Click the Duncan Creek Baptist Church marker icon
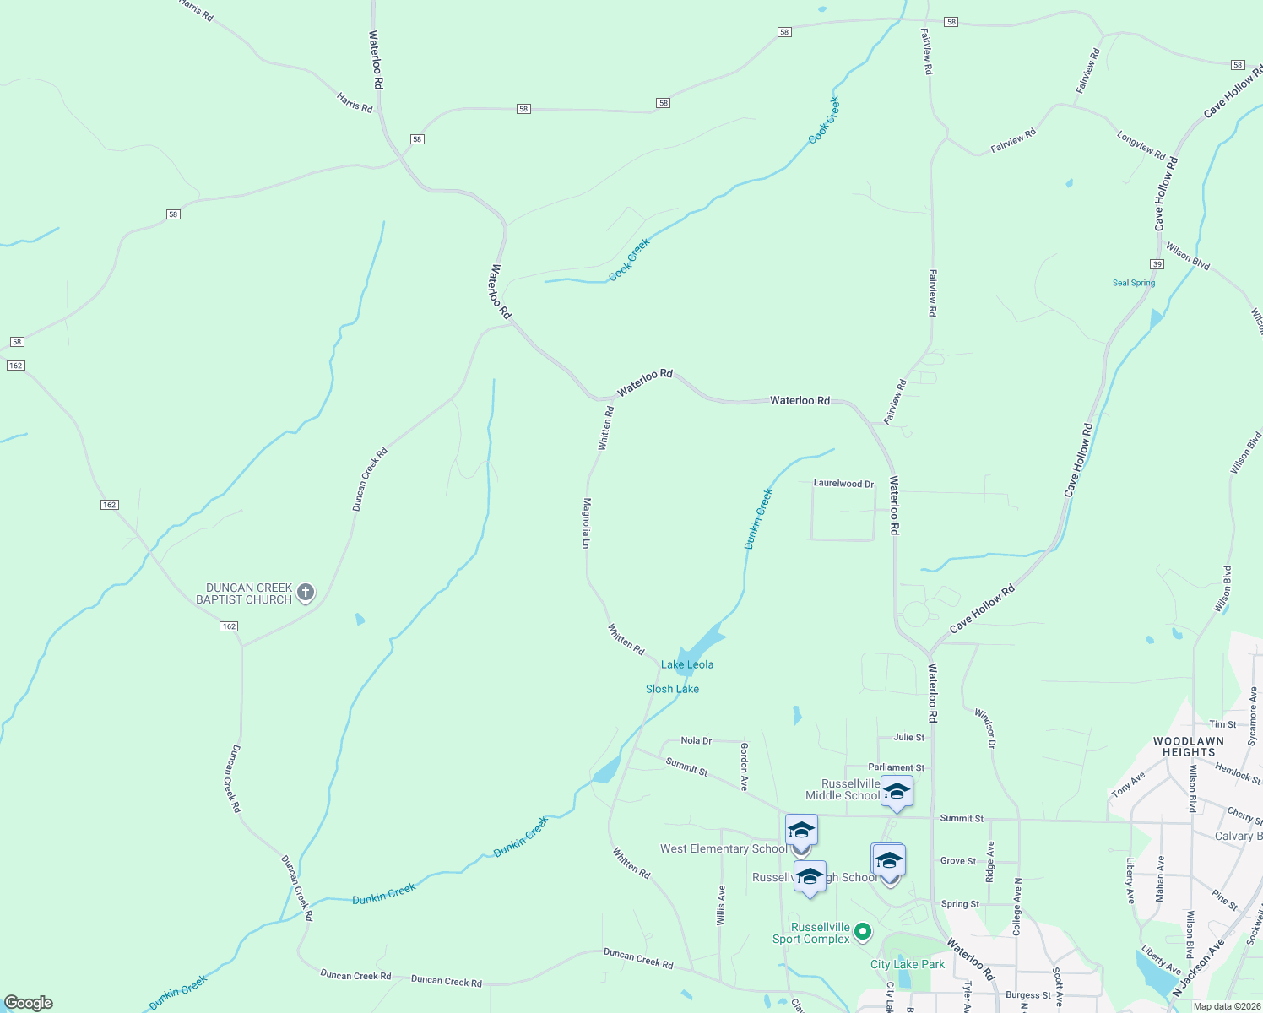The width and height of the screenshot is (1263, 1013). point(306,593)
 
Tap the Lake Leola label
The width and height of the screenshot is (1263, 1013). point(687,664)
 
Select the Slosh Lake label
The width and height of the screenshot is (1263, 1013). point(672,689)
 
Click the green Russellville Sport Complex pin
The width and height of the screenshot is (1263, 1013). point(862,932)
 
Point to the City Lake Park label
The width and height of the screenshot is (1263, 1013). point(908,964)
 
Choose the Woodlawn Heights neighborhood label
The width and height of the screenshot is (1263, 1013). point(1188,746)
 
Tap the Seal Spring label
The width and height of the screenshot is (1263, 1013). point(1134,283)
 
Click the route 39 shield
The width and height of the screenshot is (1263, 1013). point(1157,264)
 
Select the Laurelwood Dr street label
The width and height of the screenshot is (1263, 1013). point(843,484)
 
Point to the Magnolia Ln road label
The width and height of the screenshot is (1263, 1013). point(585,523)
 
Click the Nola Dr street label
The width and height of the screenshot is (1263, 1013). point(697,740)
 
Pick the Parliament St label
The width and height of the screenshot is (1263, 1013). point(896,767)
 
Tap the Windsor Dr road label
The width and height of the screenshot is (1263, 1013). point(985,728)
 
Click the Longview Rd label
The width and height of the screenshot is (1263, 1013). point(1141,145)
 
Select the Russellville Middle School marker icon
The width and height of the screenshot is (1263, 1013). point(897,792)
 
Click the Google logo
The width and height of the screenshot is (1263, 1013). point(29,1003)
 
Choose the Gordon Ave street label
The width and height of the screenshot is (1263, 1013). point(744,767)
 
